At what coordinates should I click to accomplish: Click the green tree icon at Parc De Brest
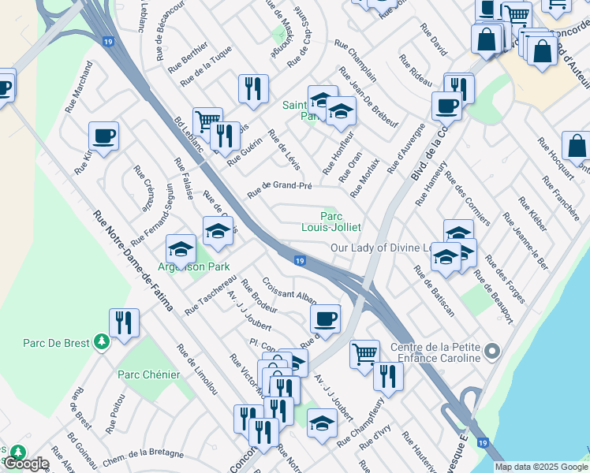point(100,341)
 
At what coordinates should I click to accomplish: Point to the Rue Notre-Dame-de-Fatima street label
point(133,259)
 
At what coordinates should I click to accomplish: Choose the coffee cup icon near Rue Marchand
point(103,136)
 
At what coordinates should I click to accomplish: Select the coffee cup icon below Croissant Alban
point(325,318)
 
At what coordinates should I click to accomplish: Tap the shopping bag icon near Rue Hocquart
point(577,146)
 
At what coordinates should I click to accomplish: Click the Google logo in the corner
point(25,464)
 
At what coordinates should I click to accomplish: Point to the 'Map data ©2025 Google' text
point(541,467)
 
